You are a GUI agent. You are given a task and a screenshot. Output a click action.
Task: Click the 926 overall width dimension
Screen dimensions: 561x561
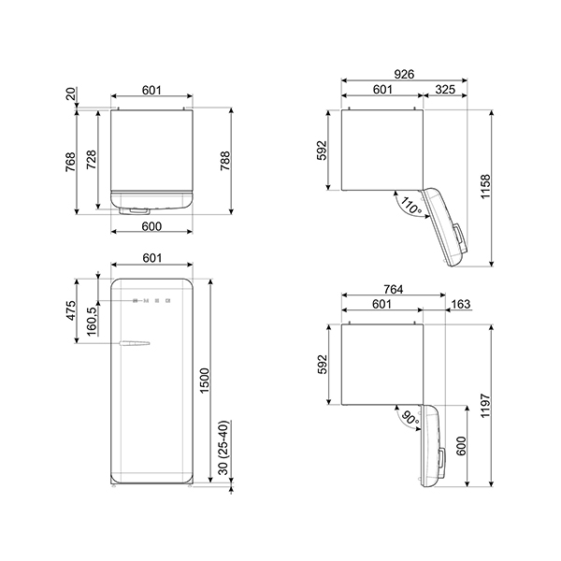pyautogui.click(x=404, y=74)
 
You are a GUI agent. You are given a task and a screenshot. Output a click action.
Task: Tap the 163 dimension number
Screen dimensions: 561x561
pyautogui.click(x=461, y=303)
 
